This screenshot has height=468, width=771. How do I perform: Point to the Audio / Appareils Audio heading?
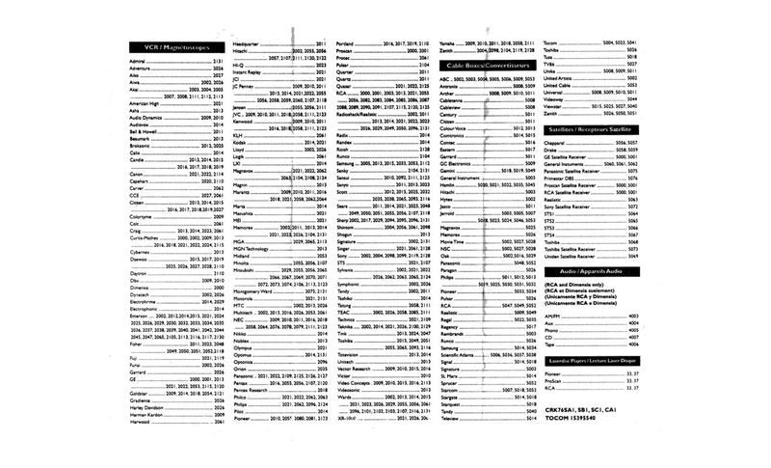point(591,272)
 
